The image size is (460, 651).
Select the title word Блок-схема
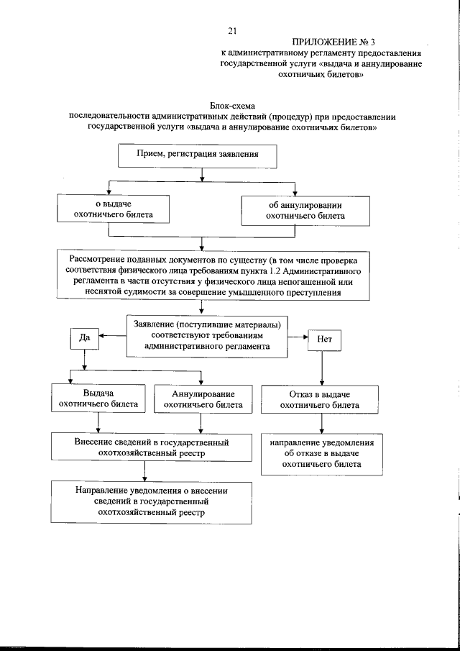click(232, 106)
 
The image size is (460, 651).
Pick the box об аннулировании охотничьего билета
click(305, 209)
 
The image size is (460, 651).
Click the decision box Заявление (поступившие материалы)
click(206, 334)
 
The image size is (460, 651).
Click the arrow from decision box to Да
click(112, 335)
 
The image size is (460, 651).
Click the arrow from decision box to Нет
click(296, 336)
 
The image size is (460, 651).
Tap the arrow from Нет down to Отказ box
click(321, 368)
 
